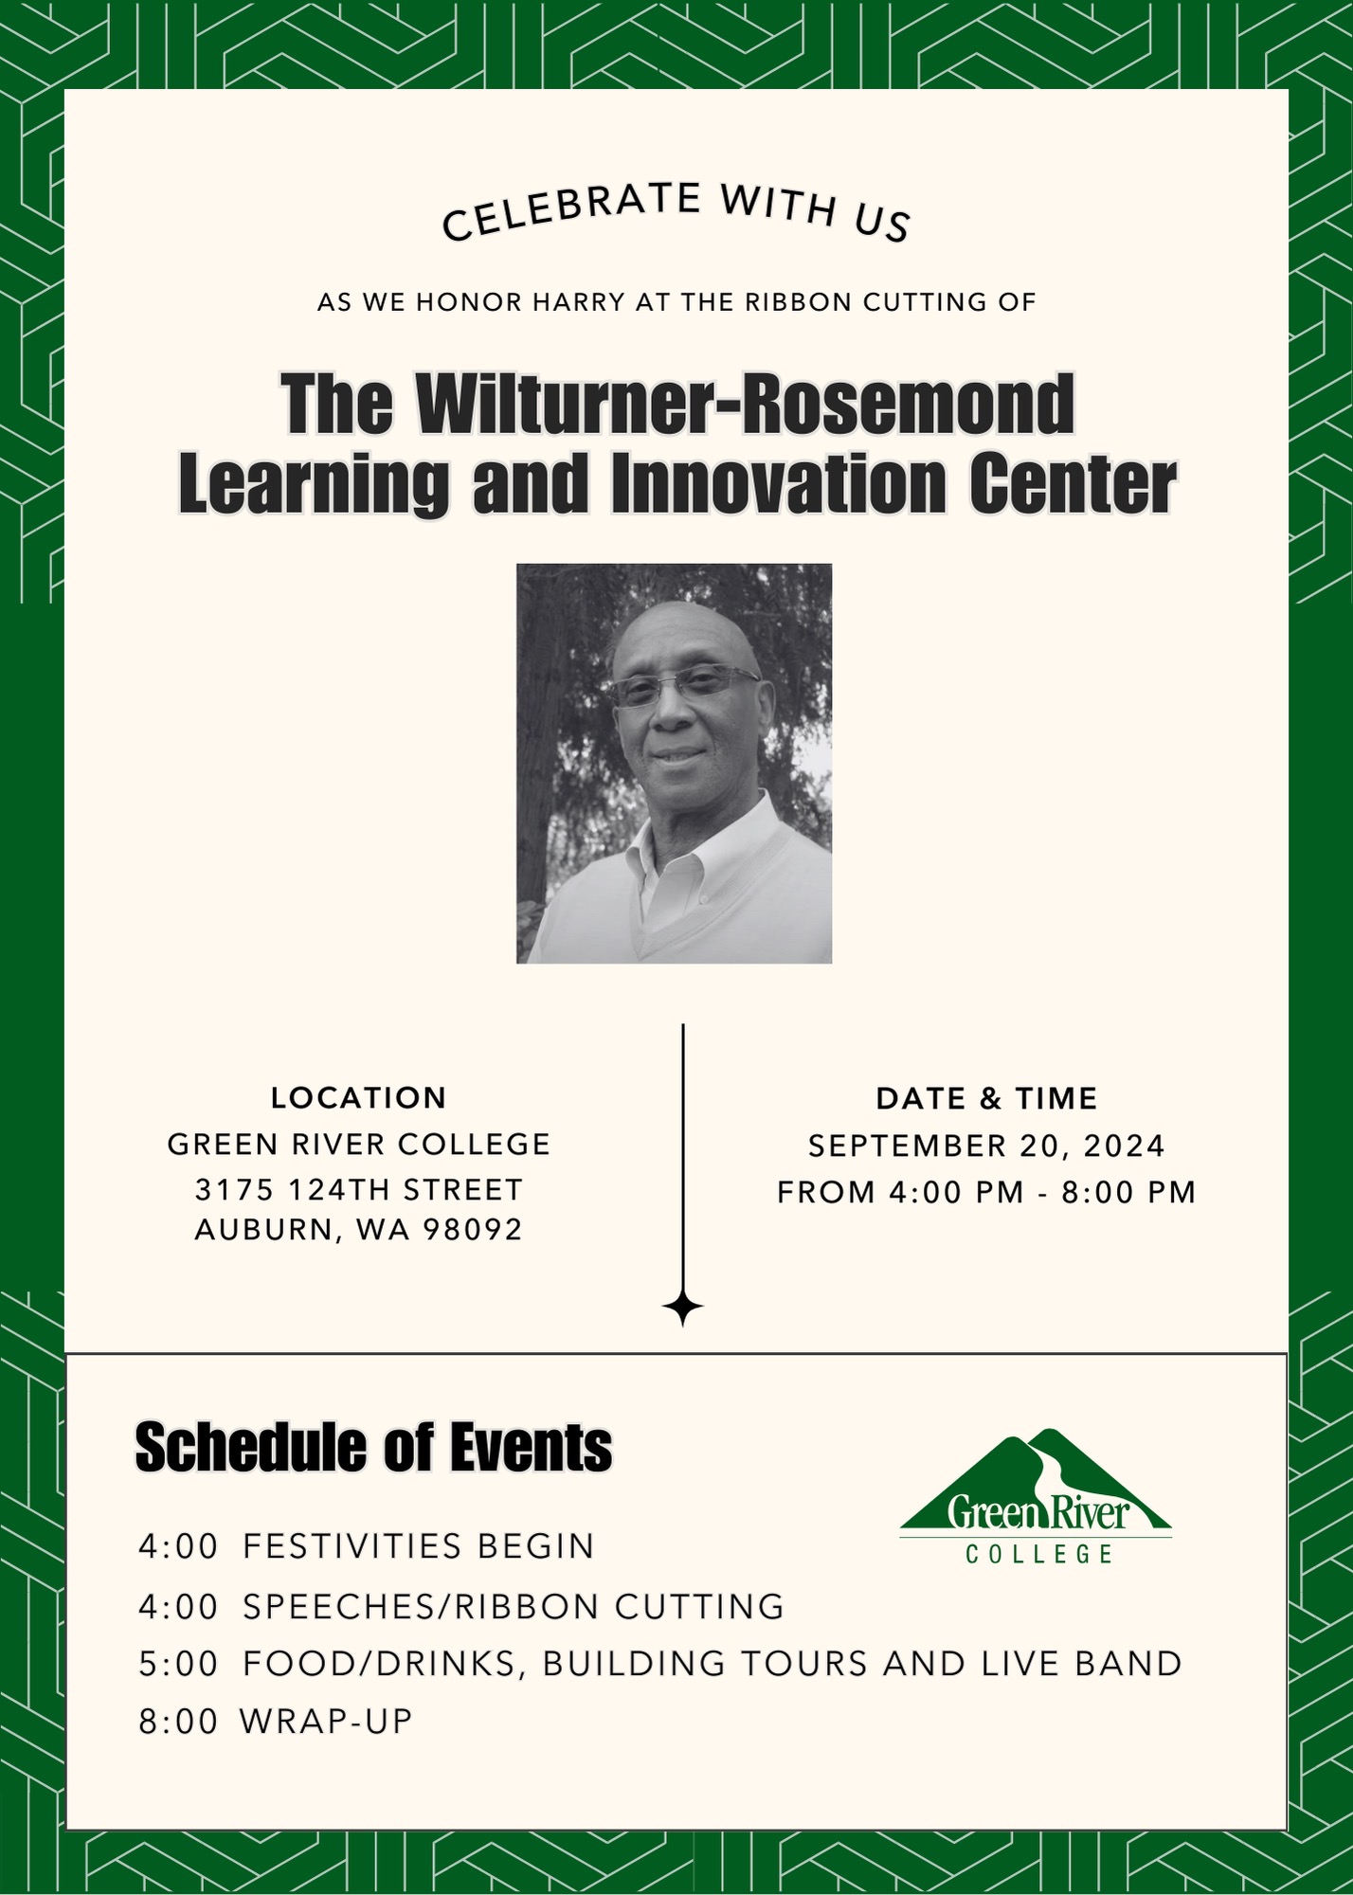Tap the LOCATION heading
click(x=358, y=1098)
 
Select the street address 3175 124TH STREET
click(x=358, y=1189)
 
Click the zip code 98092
click(x=473, y=1230)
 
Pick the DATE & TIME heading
click(x=986, y=1099)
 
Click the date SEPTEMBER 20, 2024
click(x=986, y=1146)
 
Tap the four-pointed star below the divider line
click(x=683, y=1308)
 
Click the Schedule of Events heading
click(x=374, y=1448)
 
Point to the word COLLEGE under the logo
click(x=1039, y=1554)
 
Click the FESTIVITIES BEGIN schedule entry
click(x=418, y=1546)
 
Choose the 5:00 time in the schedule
click(x=178, y=1664)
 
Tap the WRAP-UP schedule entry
click(x=326, y=1722)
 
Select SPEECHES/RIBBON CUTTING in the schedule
click(x=514, y=1606)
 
